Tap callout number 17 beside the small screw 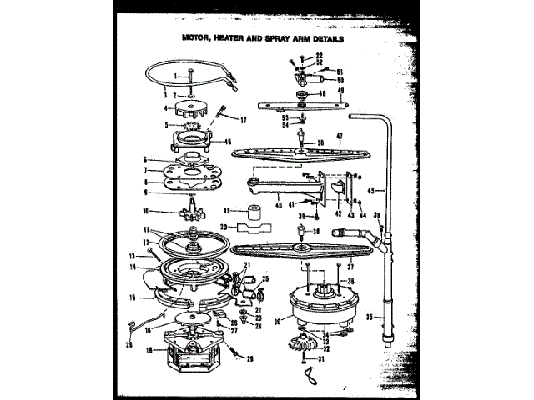243,121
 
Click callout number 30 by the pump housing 276,319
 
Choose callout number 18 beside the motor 149,351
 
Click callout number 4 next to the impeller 167,107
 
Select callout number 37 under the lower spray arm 350,267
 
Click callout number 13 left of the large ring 132,256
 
